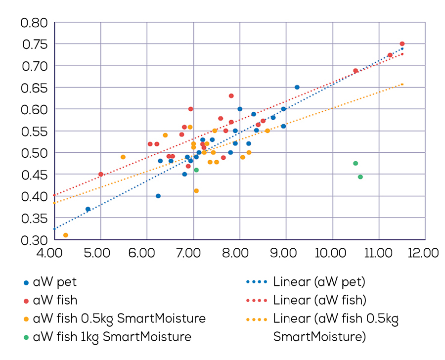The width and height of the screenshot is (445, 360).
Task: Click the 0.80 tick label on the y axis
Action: pos(33,23)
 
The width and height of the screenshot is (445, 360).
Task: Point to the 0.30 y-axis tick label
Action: pos(33,240)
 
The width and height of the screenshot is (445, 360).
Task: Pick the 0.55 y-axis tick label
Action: pos(33,131)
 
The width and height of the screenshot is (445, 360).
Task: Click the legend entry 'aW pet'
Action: pos(54,283)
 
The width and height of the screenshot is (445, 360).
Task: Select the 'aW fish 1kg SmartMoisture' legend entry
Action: pos(112,337)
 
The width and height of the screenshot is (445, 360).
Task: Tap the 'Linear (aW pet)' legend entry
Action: pos(319,283)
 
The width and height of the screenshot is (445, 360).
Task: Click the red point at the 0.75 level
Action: pos(402,44)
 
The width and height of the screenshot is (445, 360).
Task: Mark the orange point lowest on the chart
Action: pos(65,235)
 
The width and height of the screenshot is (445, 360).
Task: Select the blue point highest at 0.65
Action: pos(297,87)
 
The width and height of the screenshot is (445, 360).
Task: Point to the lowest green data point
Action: pos(360,177)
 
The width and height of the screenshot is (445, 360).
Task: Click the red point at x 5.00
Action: pos(101,174)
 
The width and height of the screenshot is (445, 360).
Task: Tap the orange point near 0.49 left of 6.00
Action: pos(123,157)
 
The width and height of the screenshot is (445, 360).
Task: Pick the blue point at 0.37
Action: pos(88,209)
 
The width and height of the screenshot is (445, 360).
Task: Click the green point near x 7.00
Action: pos(196,170)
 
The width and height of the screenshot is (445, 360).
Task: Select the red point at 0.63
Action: pos(231,96)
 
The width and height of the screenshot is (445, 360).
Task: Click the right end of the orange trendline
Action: pos(402,84)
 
